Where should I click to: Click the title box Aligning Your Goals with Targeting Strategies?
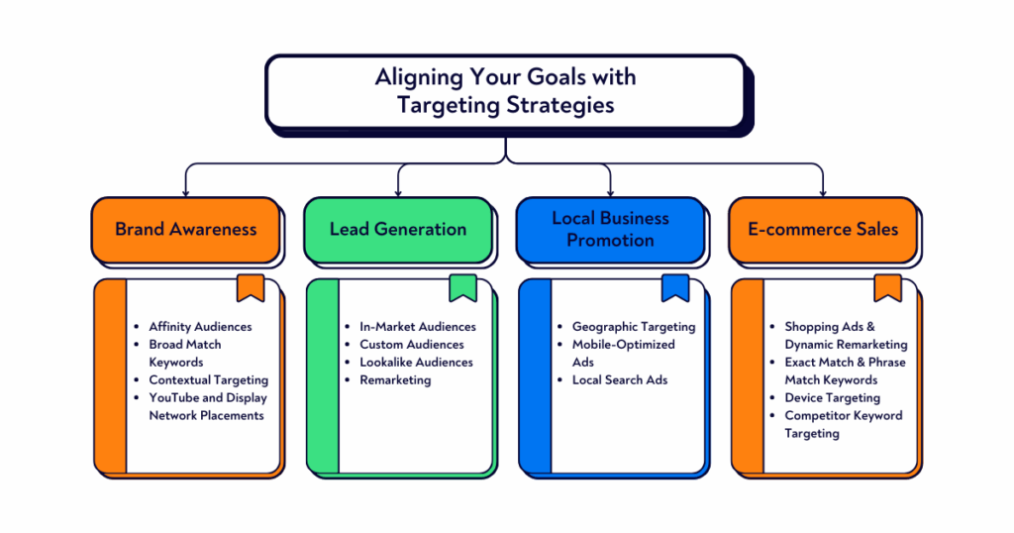(x=506, y=90)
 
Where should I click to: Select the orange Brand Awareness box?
(x=185, y=229)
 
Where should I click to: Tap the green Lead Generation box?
(x=397, y=229)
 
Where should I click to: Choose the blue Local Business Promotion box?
(x=610, y=229)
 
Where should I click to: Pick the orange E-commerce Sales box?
(x=823, y=229)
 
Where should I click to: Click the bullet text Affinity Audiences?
(x=200, y=326)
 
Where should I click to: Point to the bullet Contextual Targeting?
(x=208, y=379)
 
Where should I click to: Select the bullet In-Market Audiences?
(x=417, y=326)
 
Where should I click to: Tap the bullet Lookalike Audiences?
(x=416, y=362)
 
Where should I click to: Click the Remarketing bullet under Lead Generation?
(x=395, y=379)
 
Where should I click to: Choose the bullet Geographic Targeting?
(x=634, y=326)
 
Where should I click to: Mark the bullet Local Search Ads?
(x=620, y=379)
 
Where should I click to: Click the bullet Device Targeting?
(x=832, y=397)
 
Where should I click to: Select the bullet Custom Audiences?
(x=411, y=344)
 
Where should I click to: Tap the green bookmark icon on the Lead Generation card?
(x=462, y=287)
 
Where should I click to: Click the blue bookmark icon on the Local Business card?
(x=675, y=287)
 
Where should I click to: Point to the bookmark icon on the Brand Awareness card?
(x=251, y=287)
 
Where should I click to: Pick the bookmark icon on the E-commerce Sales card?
(x=887, y=287)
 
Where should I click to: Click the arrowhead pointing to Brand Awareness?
(x=185, y=190)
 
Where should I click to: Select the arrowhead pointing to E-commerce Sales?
(x=823, y=190)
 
